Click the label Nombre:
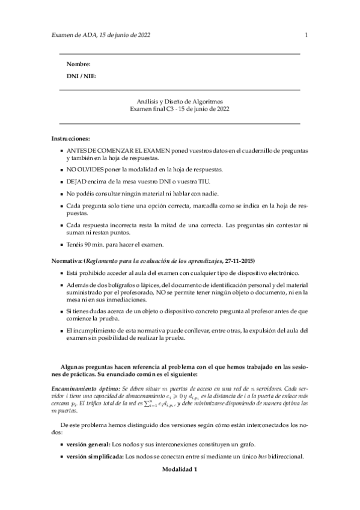coord(79,64)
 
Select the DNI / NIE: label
coord(81,76)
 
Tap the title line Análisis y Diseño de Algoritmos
coord(180,102)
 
